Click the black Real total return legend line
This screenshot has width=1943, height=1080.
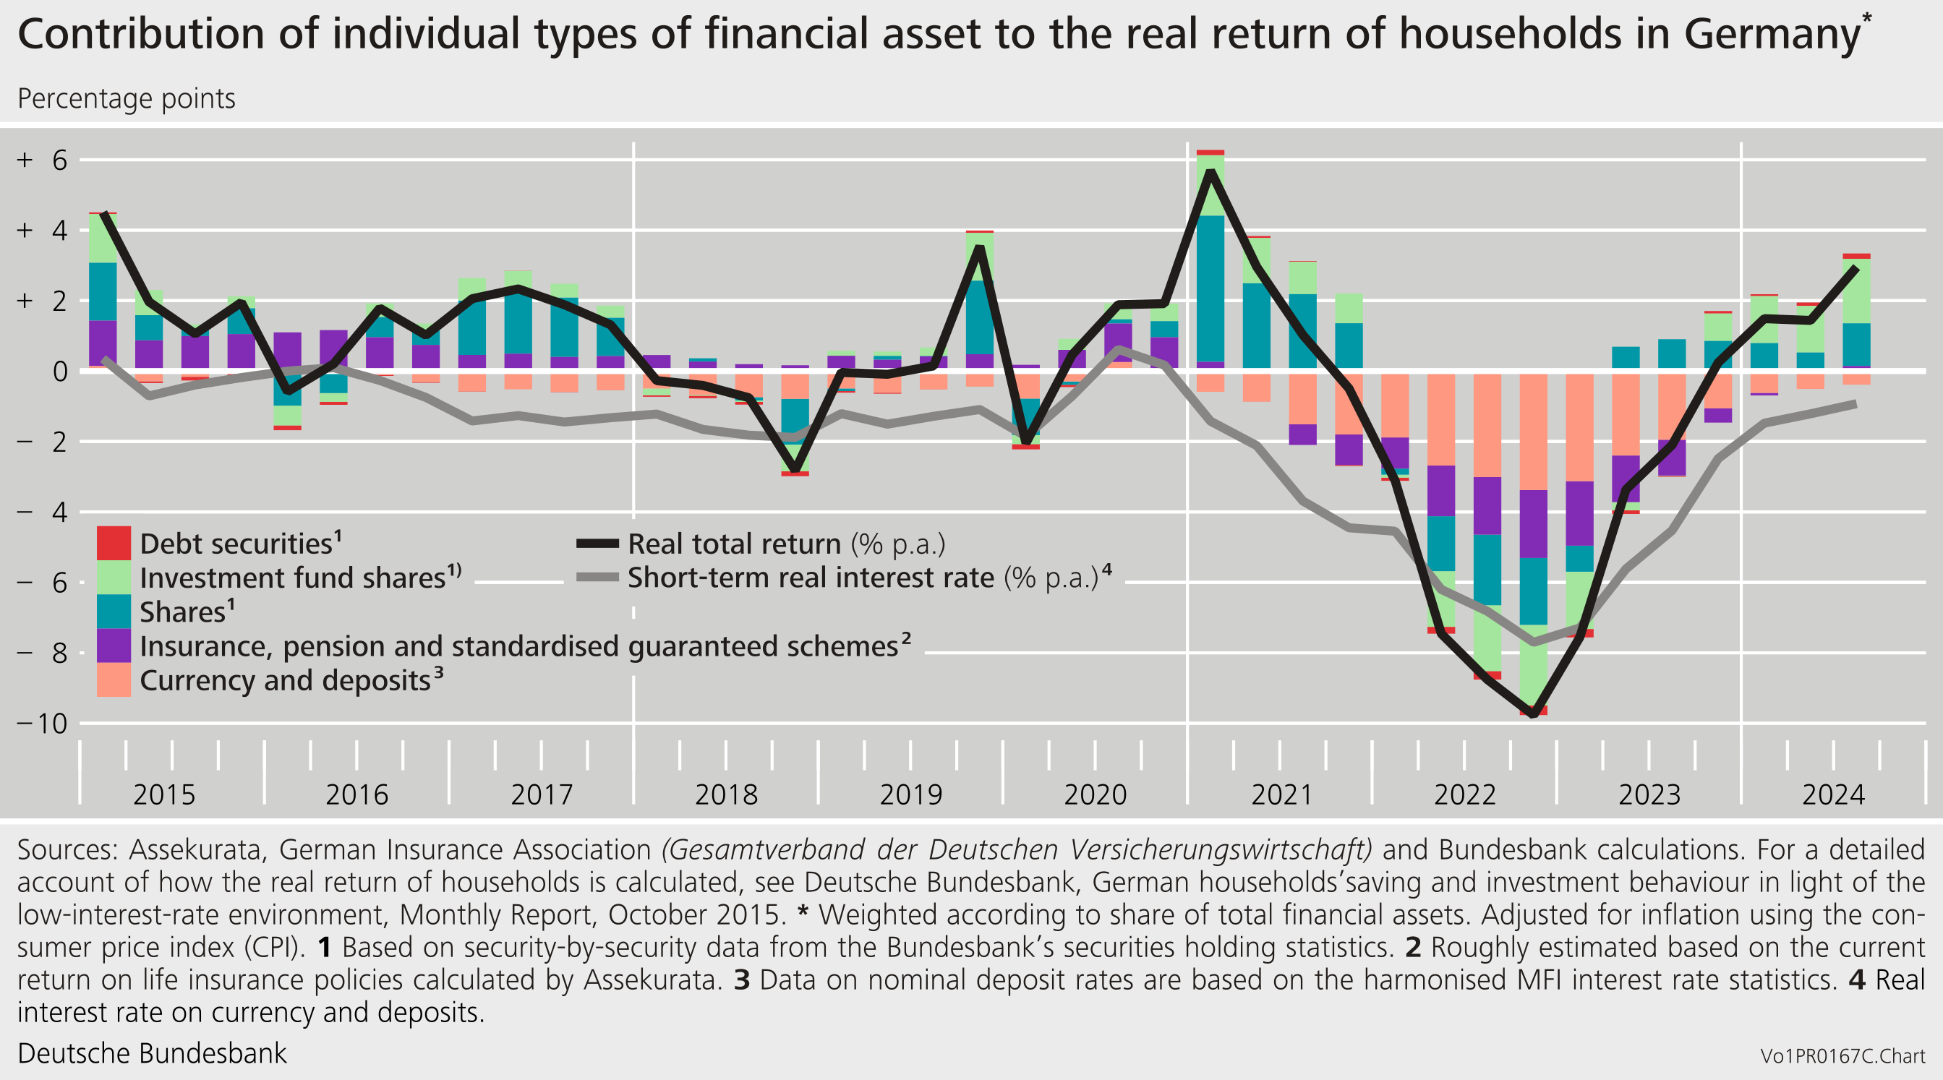(x=597, y=543)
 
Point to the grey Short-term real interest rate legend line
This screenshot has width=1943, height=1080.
(x=597, y=578)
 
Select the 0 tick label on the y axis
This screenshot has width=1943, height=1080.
(x=59, y=371)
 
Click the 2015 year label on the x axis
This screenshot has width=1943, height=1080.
(x=163, y=794)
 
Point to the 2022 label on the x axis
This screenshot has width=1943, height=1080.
(x=1464, y=794)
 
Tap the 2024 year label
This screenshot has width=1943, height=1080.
(x=1833, y=794)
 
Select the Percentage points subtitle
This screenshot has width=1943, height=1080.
(x=126, y=99)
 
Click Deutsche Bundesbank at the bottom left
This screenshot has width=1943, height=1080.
(x=152, y=1053)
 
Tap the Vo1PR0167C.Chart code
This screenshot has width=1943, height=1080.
(x=1842, y=1056)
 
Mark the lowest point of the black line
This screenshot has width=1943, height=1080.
(x=1533, y=713)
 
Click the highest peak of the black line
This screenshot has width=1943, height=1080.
(x=1210, y=172)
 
